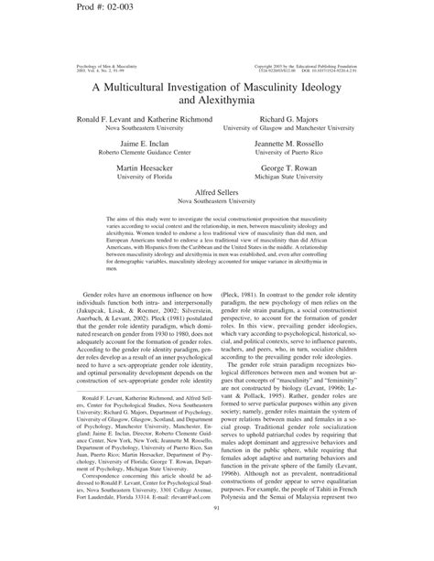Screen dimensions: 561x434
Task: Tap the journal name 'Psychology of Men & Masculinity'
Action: pyautogui.click(x=99, y=66)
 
